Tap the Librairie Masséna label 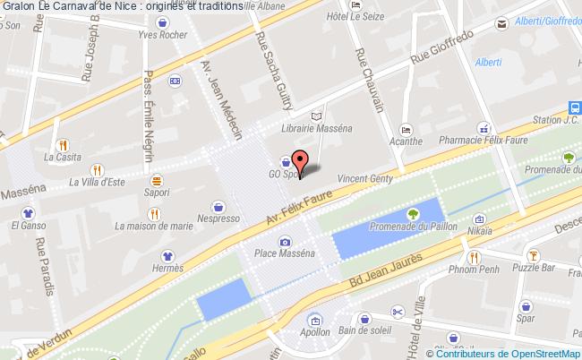pyautogui.click(x=316, y=128)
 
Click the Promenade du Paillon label pyautogui.click(x=413, y=227)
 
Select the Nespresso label pyautogui.click(x=218, y=218)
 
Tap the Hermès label pyautogui.click(x=167, y=269)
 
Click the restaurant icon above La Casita pyautogui.click(x=62, y=145)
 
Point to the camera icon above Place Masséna pyautogui.click(x=285, y=241)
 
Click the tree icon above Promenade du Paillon pyautogui.click(x=413, y=213)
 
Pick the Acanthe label pyautogui.click(x=406, y=141)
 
